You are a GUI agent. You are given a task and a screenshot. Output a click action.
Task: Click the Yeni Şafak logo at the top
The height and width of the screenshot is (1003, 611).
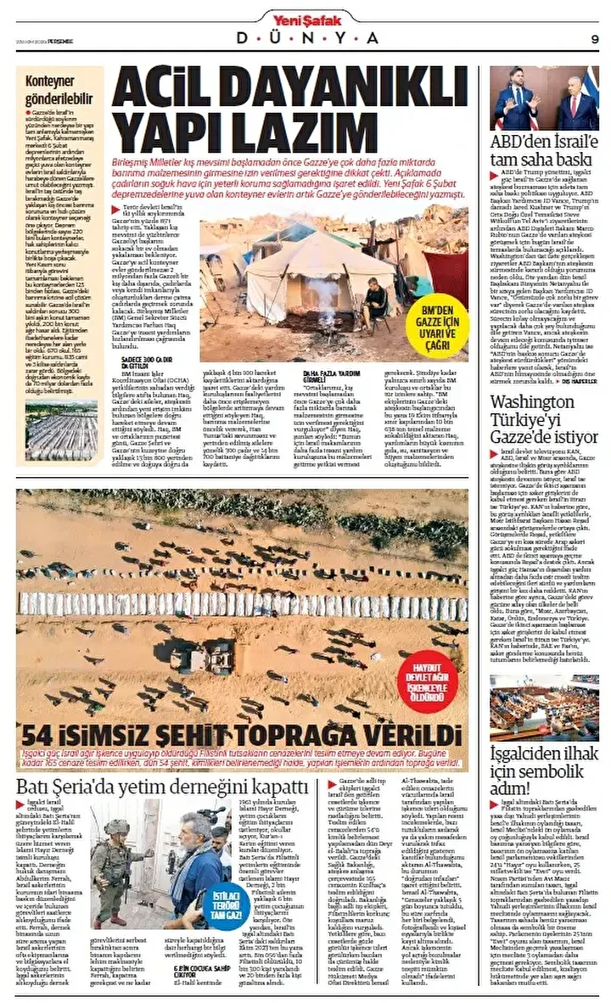pos(306,17)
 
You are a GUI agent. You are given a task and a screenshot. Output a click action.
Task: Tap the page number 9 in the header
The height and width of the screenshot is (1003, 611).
pos(594,38)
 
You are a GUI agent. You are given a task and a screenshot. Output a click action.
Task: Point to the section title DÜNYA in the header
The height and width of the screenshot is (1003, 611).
pos(306,38)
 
